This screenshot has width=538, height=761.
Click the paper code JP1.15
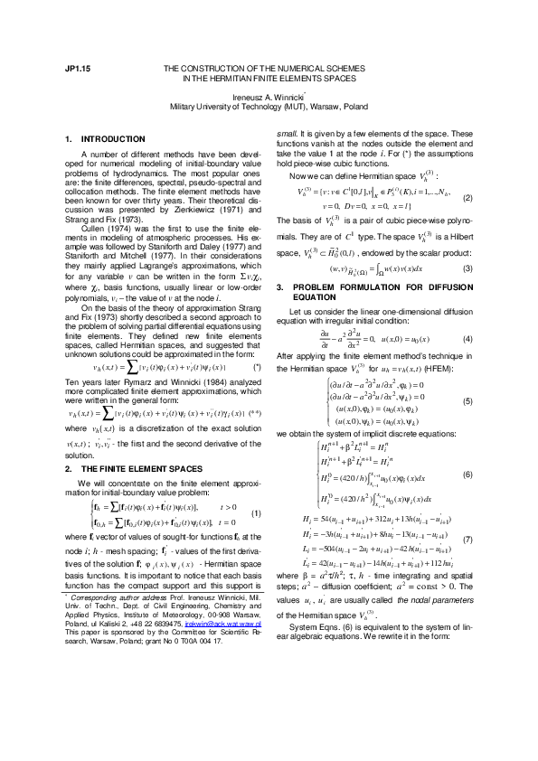point(77,69)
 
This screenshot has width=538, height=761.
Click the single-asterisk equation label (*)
point(257,369)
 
